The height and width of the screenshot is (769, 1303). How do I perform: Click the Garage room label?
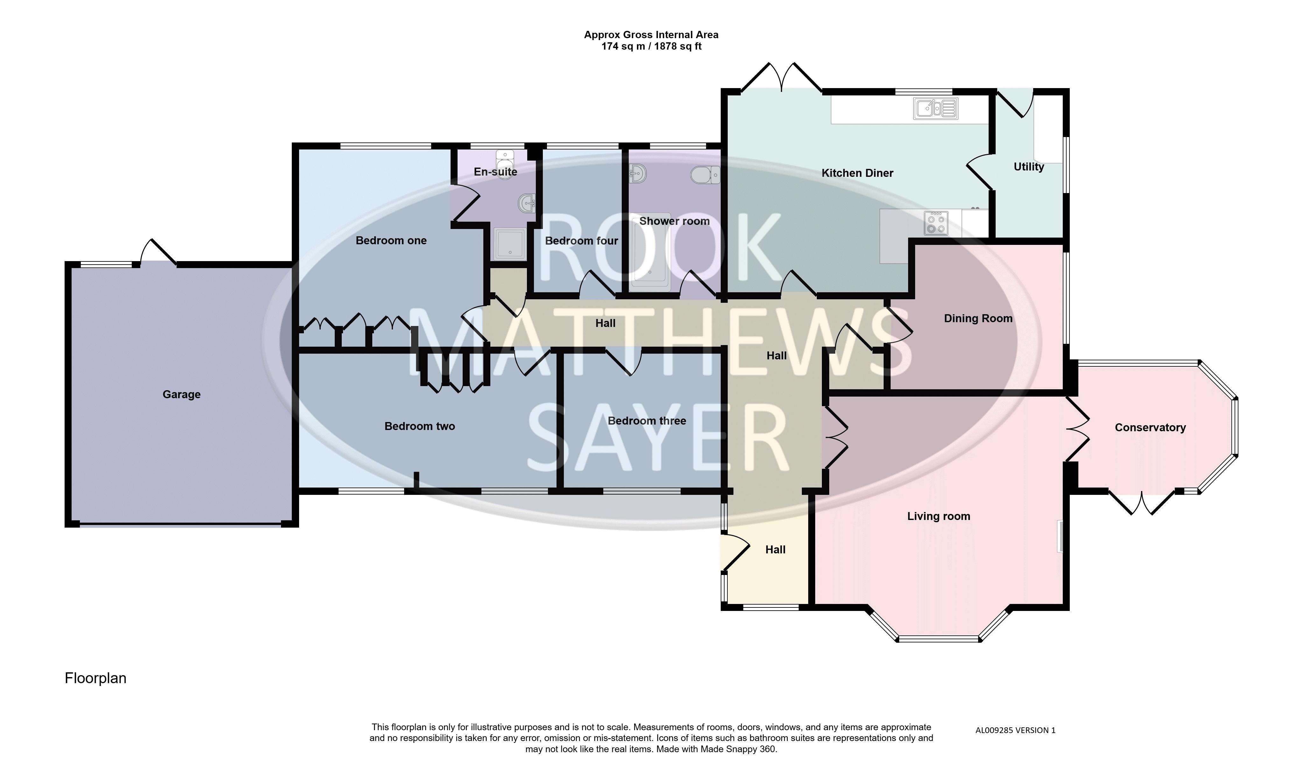pos(181,394)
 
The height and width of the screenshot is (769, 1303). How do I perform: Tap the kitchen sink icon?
pos(936,109)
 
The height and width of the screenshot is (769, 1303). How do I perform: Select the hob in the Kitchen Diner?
pos(936,223)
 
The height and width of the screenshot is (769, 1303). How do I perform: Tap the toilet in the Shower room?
pos(705,175)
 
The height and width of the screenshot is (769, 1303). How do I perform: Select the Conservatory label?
pos(1150,427)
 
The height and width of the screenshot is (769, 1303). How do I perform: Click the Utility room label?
pos(1029,167)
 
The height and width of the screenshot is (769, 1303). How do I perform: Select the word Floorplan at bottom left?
pos(95,678)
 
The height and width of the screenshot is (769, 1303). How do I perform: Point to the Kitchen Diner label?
pos(857,173)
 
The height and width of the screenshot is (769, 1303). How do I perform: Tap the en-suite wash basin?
pos(526,204)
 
